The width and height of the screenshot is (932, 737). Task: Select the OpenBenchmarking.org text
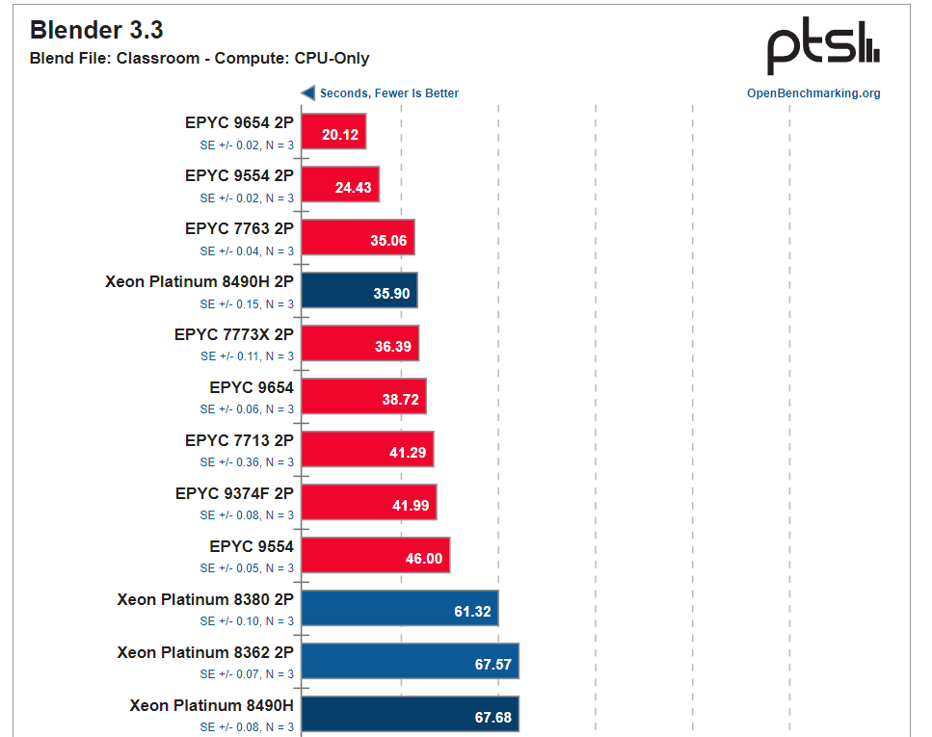click(813, 93)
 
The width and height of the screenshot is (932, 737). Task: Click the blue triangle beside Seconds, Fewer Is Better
click(308, 93)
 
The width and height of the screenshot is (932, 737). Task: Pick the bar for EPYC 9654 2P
click(333, 132)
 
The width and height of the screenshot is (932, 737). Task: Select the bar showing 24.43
click(340, 185)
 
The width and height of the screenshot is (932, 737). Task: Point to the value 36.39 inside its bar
click(393, 347)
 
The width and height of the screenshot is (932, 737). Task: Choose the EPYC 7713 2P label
click(239, 440)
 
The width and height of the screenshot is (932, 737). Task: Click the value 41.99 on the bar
click(411, 505)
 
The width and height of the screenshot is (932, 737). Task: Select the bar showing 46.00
click(376, 555)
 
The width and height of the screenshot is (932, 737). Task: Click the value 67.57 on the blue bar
click(493, 664)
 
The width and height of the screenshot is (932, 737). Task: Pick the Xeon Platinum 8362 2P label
click(205, 652)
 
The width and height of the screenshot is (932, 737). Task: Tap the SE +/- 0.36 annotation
click(247, 462)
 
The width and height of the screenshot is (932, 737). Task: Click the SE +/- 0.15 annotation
click(247, 304)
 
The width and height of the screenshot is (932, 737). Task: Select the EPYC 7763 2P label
click(239, 228)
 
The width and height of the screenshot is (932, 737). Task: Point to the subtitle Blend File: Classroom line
click(200, 59)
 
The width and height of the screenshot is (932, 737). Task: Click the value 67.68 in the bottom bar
click(493, 717)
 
